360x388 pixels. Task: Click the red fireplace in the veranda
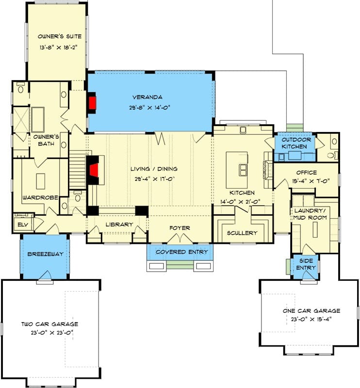(x=93, y=103)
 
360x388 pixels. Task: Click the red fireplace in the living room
(x=94, y=171)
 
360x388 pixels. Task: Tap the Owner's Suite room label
(x=60, y=36)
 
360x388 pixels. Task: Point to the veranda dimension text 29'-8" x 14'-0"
(x=150, y=108)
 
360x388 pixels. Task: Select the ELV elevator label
(x=23, y=225)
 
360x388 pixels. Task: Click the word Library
(x=119, y=225)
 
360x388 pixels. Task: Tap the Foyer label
(x=180, y=228)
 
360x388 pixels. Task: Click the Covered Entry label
(x=182, y=252)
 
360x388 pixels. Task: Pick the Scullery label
(x=242, y=233)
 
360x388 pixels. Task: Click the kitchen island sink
(x=243, y=170)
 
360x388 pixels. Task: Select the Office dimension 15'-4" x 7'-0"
(x=311, y=181)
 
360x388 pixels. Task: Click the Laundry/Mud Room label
(x=310, y=214)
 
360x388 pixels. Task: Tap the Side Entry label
(x=306, y=264)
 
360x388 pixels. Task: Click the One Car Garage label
(x=311, y=311)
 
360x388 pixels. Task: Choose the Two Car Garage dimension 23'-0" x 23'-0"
(x=52, y=333)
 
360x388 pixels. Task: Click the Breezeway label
(x=45, y=254)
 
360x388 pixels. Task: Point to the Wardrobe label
(x=40, y=198)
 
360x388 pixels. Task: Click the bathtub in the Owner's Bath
(x=38, y=119)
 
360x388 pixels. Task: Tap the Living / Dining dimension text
(x=155, y=178)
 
